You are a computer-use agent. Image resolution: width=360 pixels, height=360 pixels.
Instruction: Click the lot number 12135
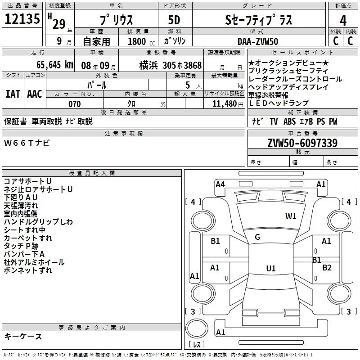coord(22,19)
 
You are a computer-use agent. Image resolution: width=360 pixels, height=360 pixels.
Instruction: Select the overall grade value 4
coord(343,21)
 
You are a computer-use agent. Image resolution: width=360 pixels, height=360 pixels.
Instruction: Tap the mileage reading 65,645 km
coord(55,65)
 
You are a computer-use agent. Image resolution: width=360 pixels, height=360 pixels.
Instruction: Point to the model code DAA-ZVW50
coord(258,41)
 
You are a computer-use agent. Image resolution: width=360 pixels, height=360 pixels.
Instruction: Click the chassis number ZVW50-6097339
coord(302,143)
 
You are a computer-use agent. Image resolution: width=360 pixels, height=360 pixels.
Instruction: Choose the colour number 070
coord(75,104)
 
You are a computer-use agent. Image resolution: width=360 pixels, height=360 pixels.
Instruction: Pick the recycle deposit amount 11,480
coord(225,104)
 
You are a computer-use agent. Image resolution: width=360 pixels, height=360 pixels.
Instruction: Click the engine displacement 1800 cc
coord(141,41)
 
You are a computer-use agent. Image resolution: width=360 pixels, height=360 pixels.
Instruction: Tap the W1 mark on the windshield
coord(291,216)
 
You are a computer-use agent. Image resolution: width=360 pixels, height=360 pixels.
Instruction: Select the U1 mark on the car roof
coord(271,268)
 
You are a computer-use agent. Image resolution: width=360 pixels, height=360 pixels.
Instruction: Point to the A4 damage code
coord(220,184)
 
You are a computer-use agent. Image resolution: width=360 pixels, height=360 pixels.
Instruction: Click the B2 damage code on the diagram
coord(327,267)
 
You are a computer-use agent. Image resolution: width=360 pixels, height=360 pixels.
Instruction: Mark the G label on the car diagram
coord(257,237)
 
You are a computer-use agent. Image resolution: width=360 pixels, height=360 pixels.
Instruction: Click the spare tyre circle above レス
coord(197,329)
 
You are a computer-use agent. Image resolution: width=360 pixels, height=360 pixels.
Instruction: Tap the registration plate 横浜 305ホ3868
coord(171,65)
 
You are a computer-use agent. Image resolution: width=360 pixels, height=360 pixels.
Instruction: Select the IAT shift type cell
coord(13,94)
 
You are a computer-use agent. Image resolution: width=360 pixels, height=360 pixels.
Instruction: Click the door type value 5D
coord(174,20)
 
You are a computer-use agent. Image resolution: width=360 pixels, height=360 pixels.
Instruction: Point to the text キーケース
coord(23,336)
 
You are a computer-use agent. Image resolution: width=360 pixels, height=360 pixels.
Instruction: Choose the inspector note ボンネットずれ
coord(28,270)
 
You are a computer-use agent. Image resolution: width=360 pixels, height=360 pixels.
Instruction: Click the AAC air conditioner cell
coord(35,94)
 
